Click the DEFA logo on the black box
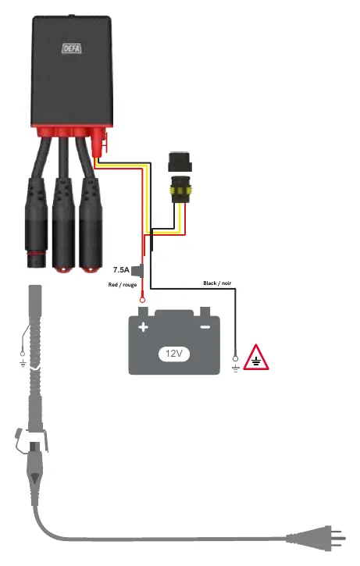[x=72, y=48]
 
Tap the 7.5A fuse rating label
[x=121, y=269]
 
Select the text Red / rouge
[x=123, y=285]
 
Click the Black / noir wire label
[x=217, y=283]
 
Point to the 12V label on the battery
[x=174, y=354]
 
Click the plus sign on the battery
[x=144, y=327]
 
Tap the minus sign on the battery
[x=205, y=327]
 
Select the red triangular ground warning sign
[x=256, y=357]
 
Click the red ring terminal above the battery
[x=143, y=300]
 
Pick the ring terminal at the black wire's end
[x=235, y=358]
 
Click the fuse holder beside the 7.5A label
[x=138, y=270]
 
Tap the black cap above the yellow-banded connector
[x=180, y=162]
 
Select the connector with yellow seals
[x=180, y=188]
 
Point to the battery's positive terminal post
[x=143, y=311]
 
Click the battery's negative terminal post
[x=205, y=311]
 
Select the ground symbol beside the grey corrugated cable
[x=23, y=363]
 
